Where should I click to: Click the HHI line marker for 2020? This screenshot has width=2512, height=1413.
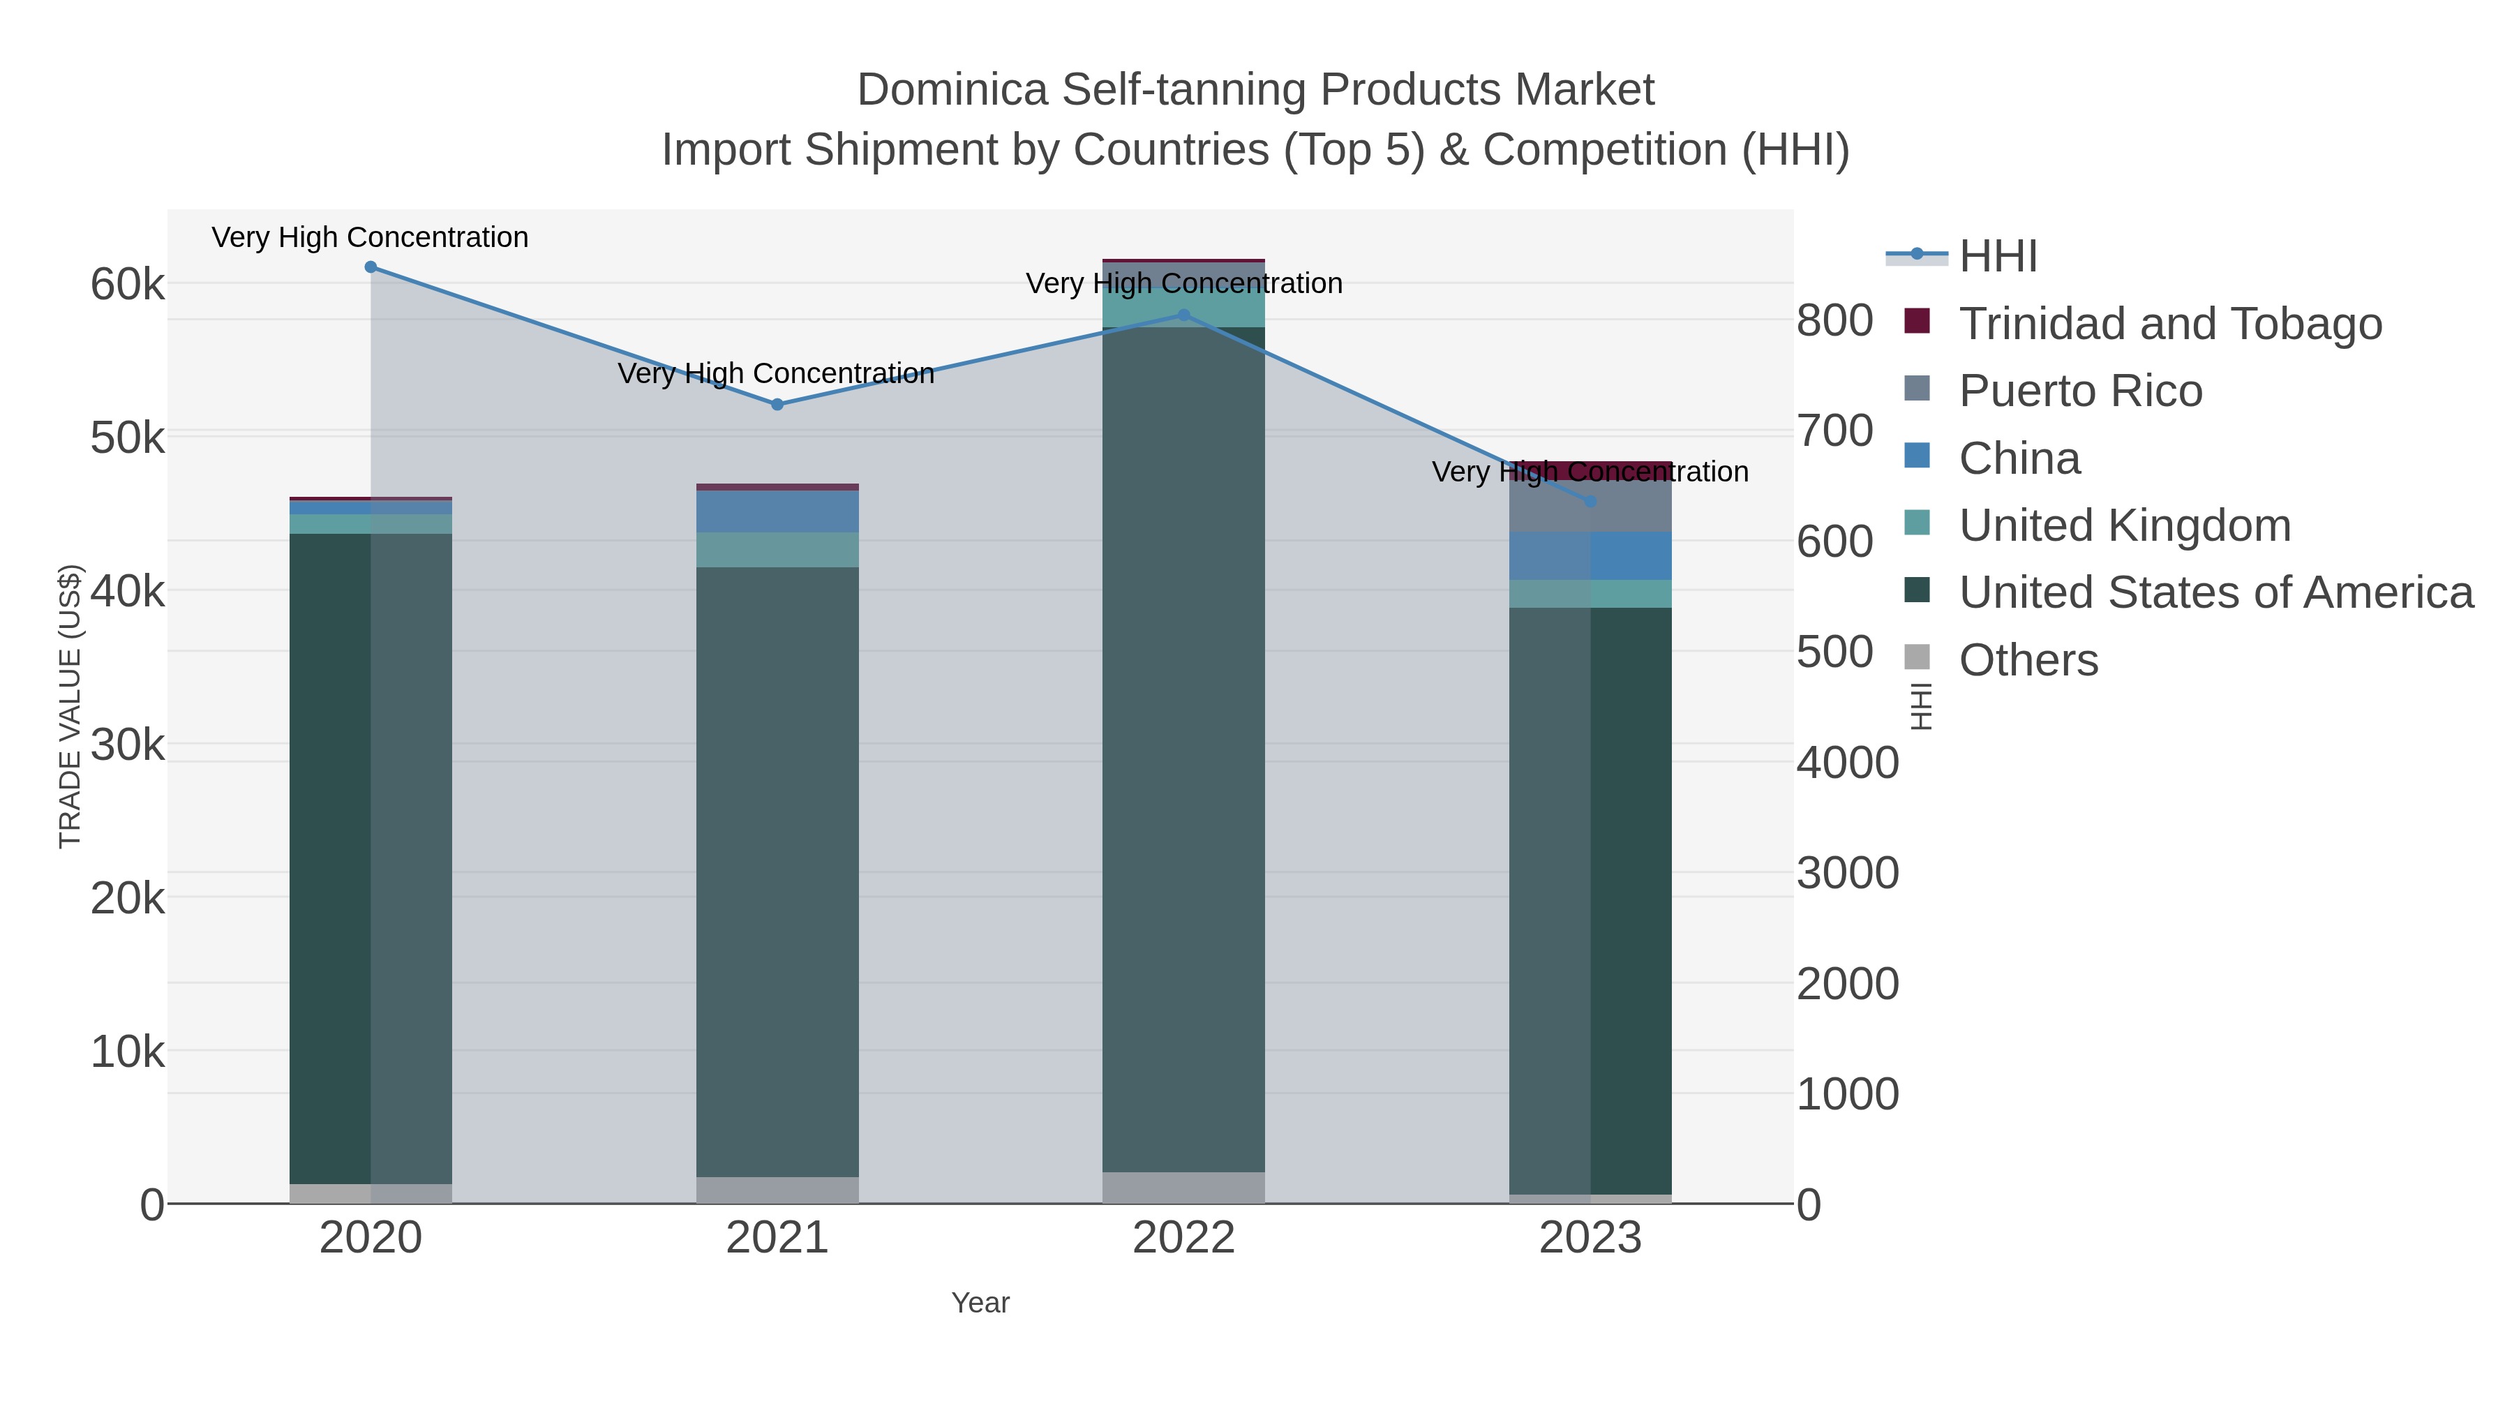(371, 267)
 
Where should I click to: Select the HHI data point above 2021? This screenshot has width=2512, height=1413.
(777, 405)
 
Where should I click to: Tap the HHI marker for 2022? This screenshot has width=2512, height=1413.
(1184, 315)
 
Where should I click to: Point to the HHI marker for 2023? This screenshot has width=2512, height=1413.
(1590, 501)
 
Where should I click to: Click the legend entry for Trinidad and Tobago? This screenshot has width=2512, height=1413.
(2169, 324)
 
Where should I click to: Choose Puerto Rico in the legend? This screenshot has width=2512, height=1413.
(2080, 391)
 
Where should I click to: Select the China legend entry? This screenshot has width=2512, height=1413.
(2019, 458)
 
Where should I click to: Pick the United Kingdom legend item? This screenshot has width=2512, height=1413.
(2124, 525)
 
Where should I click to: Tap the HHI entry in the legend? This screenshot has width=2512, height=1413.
(1997, 257)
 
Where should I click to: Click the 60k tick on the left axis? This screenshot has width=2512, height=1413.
(128, 285)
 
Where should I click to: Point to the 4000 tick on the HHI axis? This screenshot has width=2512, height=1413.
(1847, 763)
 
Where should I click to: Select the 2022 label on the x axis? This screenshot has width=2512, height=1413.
(1184, 1237)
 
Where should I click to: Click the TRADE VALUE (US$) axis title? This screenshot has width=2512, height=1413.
(70, 706)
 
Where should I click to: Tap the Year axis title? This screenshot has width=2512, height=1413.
(980, 1303)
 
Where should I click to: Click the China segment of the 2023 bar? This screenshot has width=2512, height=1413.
(1590, 556)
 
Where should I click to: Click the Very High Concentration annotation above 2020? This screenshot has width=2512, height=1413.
(371, 237)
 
